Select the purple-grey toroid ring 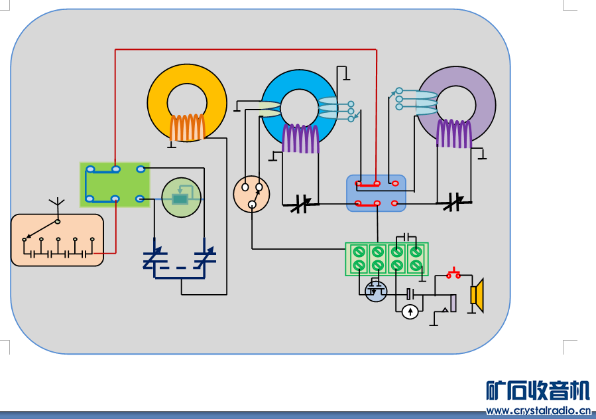point(484,100)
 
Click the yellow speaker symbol point(477,295)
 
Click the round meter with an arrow point(410,311)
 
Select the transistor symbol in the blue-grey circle point(376,291)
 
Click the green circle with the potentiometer point(181,198)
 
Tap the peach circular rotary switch point(252,194)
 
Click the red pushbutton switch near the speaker point(454,273)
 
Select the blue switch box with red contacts point(376,193)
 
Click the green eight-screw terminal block point(387,259)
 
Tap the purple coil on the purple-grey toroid point(454,133)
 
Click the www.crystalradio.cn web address point(538,410)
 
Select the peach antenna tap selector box point(57,240)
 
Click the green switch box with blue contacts point(115,185)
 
